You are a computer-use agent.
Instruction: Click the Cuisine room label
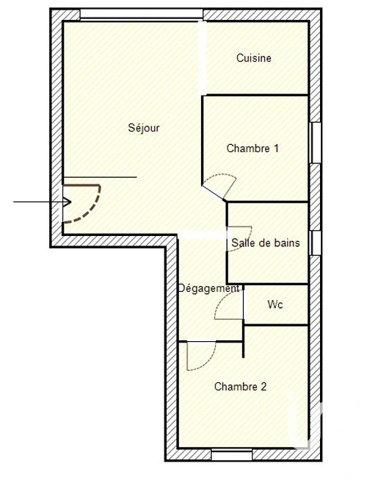coord(254,58)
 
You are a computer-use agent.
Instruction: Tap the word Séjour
coord(144,127)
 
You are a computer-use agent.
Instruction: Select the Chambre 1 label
coord(252,149)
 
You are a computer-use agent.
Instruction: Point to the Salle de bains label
coord(266,243)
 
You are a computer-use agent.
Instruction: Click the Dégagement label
coord(209,288)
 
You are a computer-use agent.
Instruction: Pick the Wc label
coord(275,304)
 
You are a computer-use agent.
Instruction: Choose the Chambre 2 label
coord(240,387)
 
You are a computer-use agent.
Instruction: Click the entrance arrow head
coord(68,202)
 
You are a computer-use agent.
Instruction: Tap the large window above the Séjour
coord(142,14)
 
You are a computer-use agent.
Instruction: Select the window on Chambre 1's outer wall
coord(316,143)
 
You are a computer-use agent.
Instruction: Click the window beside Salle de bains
coord(316,243)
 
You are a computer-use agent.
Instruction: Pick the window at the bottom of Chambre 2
coord(232,455)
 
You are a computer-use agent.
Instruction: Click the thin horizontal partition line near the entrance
coord(100,177)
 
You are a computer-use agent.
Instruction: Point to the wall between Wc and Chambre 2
coord(276,325)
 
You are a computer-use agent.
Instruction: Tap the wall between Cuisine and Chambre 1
coord(257,95)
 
